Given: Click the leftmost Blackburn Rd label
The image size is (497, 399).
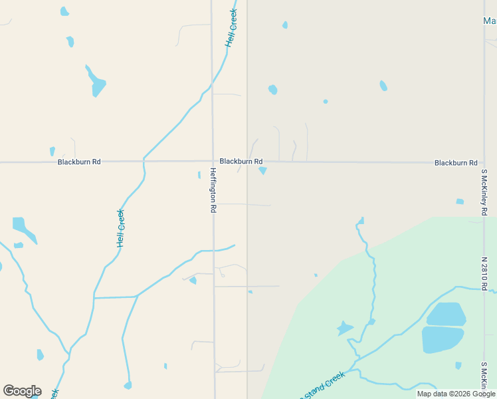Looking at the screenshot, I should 79,162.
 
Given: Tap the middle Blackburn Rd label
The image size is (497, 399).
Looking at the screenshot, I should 241,162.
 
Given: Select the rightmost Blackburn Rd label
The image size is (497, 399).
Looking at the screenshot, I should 456,163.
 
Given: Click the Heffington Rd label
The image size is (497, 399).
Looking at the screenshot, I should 213,190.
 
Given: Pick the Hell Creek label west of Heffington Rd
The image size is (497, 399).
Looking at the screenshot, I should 121,228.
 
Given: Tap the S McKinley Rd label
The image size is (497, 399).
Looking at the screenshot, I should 485,192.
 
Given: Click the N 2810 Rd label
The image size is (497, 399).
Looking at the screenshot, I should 485,273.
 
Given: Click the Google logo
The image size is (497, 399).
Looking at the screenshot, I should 22,391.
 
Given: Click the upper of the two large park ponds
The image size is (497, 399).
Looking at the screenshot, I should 445,314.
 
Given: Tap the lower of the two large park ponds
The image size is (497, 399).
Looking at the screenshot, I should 443,339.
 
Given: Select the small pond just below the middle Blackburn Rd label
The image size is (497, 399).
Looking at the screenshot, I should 262,171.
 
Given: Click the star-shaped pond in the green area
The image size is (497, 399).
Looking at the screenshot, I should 345,327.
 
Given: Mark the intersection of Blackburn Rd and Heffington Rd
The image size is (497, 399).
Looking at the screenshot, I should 213,162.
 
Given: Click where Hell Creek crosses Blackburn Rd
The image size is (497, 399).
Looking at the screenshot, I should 143,161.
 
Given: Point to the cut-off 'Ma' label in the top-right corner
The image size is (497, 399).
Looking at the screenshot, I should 490,21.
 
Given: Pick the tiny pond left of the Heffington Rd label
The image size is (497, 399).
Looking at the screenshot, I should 199,175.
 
